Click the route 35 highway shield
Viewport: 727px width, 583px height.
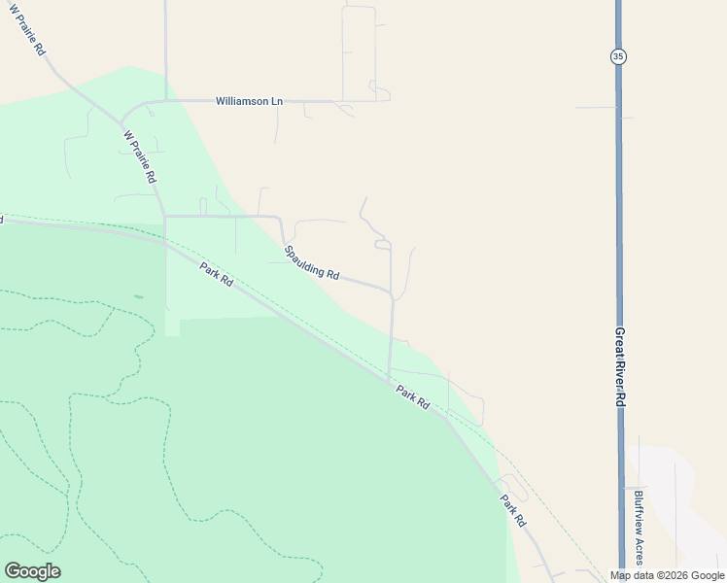click(x=618, y=56)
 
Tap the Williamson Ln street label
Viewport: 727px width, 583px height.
click(x=249, y=101)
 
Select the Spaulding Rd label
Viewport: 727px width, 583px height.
click(x=311, y=263)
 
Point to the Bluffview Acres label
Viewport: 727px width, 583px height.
click(x=639, y=530)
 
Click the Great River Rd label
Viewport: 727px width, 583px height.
click(x=619, y=366)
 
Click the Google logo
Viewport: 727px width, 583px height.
click(x=32, y=570)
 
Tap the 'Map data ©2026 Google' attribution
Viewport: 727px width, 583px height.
click(x=668, y=575)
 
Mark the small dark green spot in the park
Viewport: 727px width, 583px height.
click(x=138, y=296)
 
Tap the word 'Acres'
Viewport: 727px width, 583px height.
click(x=639, y=553)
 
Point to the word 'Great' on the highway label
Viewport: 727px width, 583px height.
click(x=619, y=340)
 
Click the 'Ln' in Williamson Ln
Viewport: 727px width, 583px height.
click(x=276, y=101)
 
